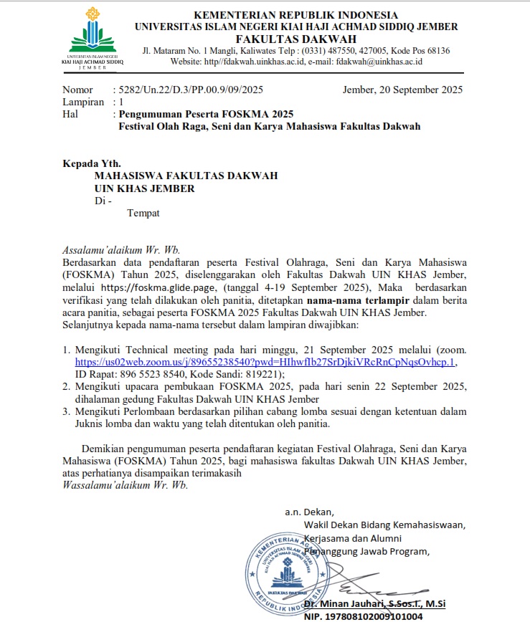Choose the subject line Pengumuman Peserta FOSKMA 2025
click(x=206, y=114)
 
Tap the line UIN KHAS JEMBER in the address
click(x=144, y=188)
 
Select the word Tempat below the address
click(x=143, y=213)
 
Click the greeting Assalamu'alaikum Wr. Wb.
click(x=120, y=251)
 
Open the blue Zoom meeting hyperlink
click(x=265, y=362)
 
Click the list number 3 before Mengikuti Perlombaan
click(x=65, y=411)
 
